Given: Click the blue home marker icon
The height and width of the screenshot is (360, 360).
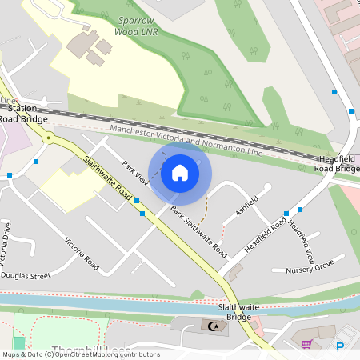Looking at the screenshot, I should pyautogui.click(x=180, y=173).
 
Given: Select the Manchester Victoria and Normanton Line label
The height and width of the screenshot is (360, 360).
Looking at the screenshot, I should pyautogui.click(x=186, y=140).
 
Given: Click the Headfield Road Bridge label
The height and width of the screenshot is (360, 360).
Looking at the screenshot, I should pyautogui.click(x=336, y=164).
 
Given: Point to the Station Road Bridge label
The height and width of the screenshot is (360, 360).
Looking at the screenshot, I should pyautogui.click(x=22, y=113).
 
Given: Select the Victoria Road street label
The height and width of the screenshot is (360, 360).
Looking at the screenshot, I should pyautogui.click(x=82, y=253).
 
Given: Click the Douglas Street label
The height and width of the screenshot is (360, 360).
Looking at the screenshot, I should pyautogui.click(x=25, y=275).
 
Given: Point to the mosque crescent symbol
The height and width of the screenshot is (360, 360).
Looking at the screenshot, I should pyautogui.click(x=212, y=326).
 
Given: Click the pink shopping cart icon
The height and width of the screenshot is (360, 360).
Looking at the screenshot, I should pyautogui.click(x=306, y=344).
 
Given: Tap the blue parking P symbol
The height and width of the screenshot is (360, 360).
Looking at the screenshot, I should pyautogui.click(x=340, y=346).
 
